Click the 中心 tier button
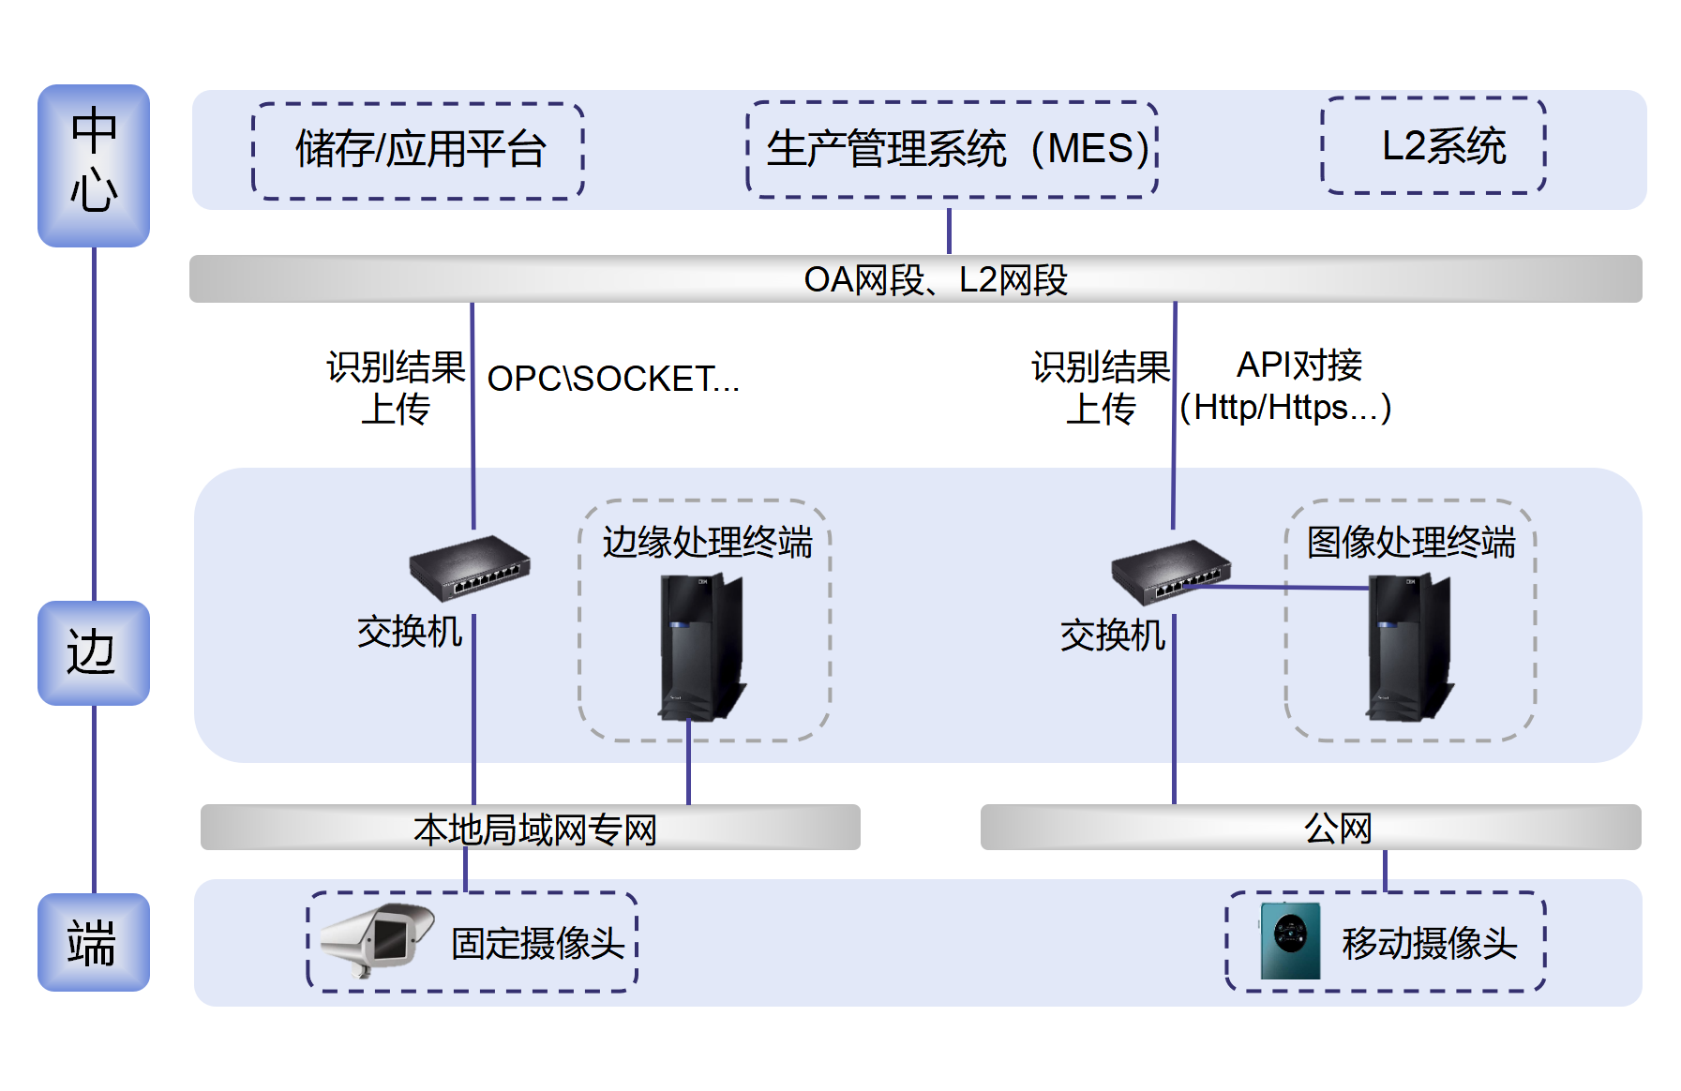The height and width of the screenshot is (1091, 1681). (x=94, y=166)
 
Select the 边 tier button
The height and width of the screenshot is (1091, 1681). (x=94, y=653)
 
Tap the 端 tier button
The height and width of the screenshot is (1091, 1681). (x=94, y=942)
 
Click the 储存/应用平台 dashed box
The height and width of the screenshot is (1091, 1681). (x=418, y=151)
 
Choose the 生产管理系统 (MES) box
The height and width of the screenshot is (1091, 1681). (x=953, y=150)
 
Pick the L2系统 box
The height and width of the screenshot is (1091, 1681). (x=1433, y=145)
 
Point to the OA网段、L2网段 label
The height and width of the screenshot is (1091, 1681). (x=936, y=279)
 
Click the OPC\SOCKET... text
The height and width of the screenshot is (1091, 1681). (x=613, y=379)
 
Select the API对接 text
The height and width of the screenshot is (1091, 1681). (x=1299, y=365)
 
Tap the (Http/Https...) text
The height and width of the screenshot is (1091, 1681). (x=1285, y=408)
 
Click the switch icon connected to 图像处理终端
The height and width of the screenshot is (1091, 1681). (x=1171, y=572)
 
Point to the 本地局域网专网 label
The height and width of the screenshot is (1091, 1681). (x=535, y=829)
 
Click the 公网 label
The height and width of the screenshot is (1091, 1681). (x=1338, y=829)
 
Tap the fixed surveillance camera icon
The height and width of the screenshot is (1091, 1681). (x=377, y=940)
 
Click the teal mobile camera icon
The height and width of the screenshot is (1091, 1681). (x=1290, y=941)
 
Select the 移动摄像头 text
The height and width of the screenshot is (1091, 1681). (x=1429, y=944)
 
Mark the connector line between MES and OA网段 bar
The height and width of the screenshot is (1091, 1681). (x=949, y=231)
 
